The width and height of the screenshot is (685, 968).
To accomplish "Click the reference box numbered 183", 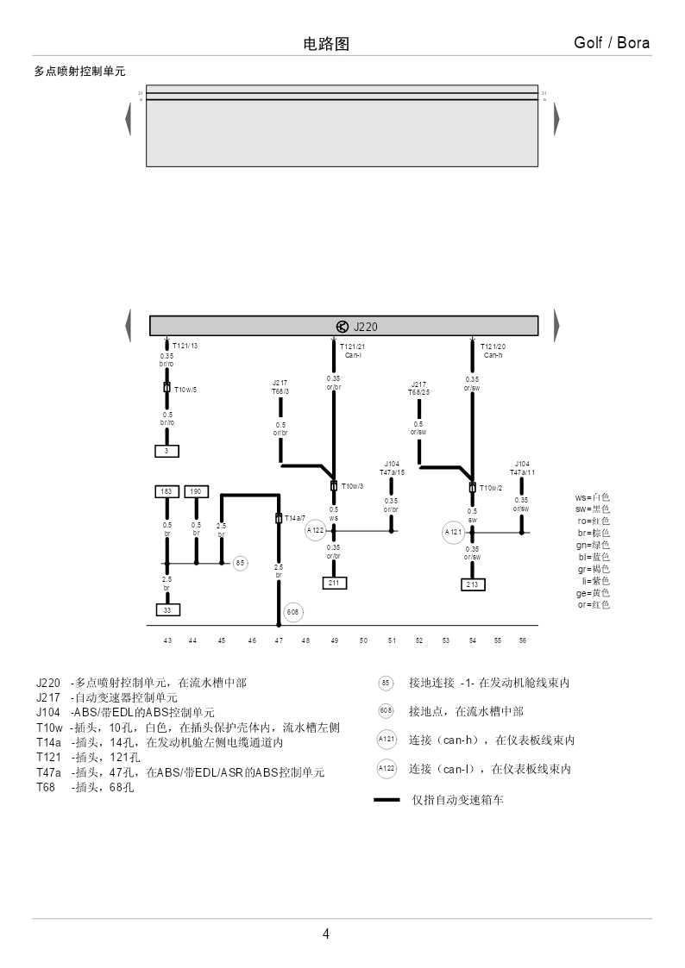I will (167, 491).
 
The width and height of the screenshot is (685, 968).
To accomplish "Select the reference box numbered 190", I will (196, 491).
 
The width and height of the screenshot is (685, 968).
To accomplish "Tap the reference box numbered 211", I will (334, 584).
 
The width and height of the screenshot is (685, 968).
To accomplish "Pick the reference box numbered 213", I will (472, 584).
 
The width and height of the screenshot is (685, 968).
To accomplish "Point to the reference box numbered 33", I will (167, 609).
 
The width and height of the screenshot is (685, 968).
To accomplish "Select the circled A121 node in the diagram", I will (454, 533).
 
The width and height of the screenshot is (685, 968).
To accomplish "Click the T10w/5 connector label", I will (185, 390).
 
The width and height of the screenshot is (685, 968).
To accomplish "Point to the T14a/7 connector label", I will (295, 518).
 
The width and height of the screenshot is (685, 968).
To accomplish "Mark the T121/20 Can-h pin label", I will (493, 350).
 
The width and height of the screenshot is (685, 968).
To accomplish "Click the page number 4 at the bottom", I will (326, 934).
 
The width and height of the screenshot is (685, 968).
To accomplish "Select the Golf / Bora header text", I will (612, 43).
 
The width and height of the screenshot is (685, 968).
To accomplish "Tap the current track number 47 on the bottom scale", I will (279, 640).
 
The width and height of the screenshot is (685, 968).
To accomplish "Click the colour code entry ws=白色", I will (592, 497).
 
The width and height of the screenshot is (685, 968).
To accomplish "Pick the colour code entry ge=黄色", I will (592, 593).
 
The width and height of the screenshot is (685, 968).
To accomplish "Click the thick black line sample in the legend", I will (386, 800).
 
